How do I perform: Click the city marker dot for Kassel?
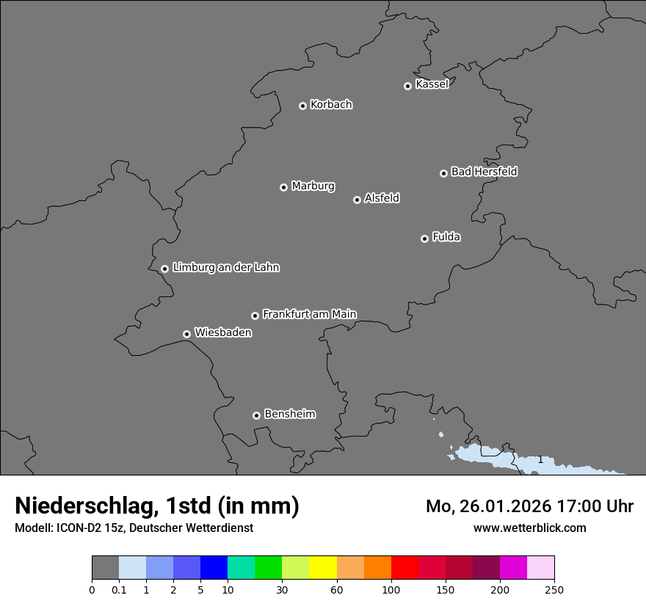pyautogui.click(x=407, y=86)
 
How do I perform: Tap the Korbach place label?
pyautogui.click(x=331, y=105)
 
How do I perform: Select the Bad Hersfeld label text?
pyautogui.click(x=484, y=172)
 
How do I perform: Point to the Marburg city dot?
pyautogui.click(x=283, y=187)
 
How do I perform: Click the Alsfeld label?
pyautogui.click(x=382, y=198)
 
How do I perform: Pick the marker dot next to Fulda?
pyautogui.click(x=424, y=238)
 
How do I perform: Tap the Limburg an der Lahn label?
pyautogui.click(x=225, y=268)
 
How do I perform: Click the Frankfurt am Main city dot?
pyautogui.click(x=255, y=316)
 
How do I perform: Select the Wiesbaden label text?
pyautogui.click(x=222, y=333)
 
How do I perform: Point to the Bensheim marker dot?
pyautogui.click(x=256, y=415)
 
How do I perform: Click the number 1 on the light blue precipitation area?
pyautogui.click(x=540, y=459)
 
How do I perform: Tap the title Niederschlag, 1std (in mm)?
pyautogui.click(x=157, y=506)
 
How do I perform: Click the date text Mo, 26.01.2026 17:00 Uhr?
pyautogui.click(x=529, y=506)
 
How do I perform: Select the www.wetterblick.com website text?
pyautogui.click(x=529, y=528)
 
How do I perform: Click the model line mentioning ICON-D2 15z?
pyautogui.click(x=134, y=528)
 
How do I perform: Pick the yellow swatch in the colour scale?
pyautogui.click(x=323, y=568)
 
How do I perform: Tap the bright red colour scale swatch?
pyautogui.click(x=404, y=568)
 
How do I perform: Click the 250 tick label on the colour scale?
pyautogui.click(x=554, y=589)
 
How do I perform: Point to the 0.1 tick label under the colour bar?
pyautogui.click(x=118, y=589)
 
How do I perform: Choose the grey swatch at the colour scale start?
pyautogui.click(x=105, y=568)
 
